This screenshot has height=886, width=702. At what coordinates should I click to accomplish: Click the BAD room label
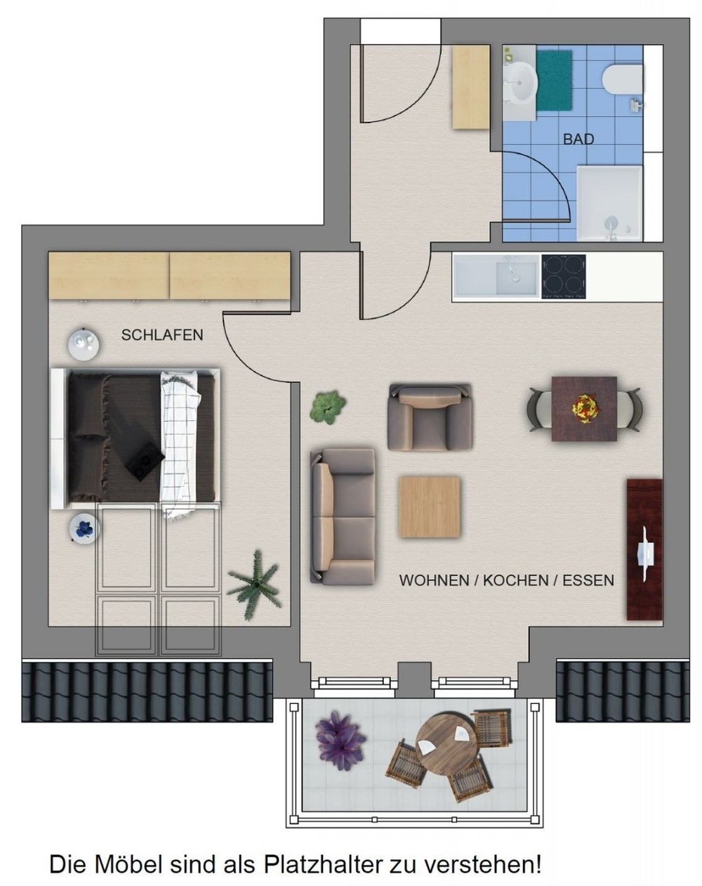click(x=578, y=140)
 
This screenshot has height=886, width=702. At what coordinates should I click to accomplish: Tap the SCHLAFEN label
click(x=162, y=335)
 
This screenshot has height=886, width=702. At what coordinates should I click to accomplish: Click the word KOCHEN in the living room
click(x=515, y=580)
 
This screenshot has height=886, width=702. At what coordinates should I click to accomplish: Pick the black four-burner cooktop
click(x=564, y=277)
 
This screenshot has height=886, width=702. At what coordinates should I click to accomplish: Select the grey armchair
click(x=430, y=417)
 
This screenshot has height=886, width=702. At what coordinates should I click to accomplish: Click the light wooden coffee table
click(x=430, y=507)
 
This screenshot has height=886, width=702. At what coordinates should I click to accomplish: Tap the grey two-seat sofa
click(x=343, y=516)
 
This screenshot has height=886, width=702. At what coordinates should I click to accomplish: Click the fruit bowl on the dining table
click(x=584, y=408)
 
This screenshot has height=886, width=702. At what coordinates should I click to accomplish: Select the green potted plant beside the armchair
click(x=328, y=408)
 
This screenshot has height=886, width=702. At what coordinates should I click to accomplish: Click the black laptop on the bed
click(x=145, y=462)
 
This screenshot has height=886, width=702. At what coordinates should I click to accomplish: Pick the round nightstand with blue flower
click(x=84, y=529)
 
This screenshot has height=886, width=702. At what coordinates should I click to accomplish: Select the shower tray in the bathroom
click(x=609, y=204)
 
